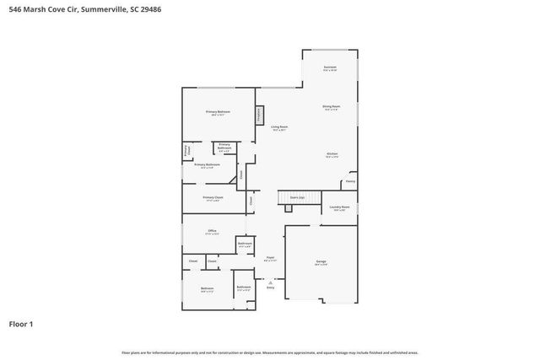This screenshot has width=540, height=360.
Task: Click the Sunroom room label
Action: tap(330, 67)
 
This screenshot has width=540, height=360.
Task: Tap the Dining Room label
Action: tap(332, 107)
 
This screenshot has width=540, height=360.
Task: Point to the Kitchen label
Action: tap(332, 154)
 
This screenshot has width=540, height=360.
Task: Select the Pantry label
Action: tap(349, 181)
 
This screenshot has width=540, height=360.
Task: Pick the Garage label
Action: tap(321, 262)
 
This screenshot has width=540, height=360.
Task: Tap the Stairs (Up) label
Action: tap(297, 197)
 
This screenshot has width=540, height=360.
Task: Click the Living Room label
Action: tap(278, 127)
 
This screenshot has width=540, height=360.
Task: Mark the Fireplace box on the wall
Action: tap(259, 113)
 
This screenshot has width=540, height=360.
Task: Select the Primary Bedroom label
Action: tap(218, 112)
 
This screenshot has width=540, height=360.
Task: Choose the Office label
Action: tap(213, 231)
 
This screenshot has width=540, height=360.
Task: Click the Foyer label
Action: tap(270, 258)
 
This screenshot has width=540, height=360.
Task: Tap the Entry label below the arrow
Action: tap(271, 288)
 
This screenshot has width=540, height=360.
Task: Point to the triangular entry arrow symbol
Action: tap(271, 282)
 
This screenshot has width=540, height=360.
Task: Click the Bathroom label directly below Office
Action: tap(245, 244)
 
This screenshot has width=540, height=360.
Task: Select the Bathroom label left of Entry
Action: tap(244, 287)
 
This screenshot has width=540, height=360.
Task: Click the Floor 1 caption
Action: tap(21, 324)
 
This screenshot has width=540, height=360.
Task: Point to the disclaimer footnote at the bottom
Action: tap(269, 352)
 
